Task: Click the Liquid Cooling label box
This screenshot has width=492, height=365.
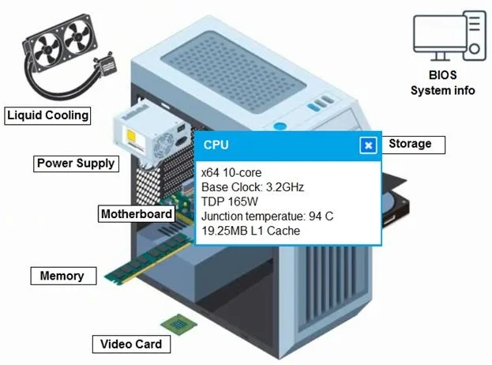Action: click(x=47, y=115)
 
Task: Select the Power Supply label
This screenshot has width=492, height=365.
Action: click(x=76, y=164)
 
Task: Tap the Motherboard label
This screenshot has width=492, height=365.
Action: click(x=137, y=214)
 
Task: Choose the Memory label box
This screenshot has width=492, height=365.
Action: click(x=63, y=276)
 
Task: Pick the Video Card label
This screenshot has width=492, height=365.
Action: click(x=131, y=344)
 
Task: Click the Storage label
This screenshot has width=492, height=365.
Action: click(x=413, y=145)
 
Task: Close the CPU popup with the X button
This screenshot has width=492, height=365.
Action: click(x=368, y=145)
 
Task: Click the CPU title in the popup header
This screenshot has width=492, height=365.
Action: click(x=216, y=145)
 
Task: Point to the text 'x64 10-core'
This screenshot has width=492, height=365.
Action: click(x=231, y=172)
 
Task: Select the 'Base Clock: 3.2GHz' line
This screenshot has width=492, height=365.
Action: click(x=253, y=187)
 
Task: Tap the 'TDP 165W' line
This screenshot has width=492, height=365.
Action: click(x=230, y=201)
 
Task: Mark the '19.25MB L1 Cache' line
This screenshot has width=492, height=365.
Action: click(x=250, y=231)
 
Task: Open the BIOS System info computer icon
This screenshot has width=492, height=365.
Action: click(x=449, y=36)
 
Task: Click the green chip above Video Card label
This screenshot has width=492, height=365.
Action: click(x=178, y=324)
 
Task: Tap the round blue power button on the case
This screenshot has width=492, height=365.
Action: click(x=280, y=126)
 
